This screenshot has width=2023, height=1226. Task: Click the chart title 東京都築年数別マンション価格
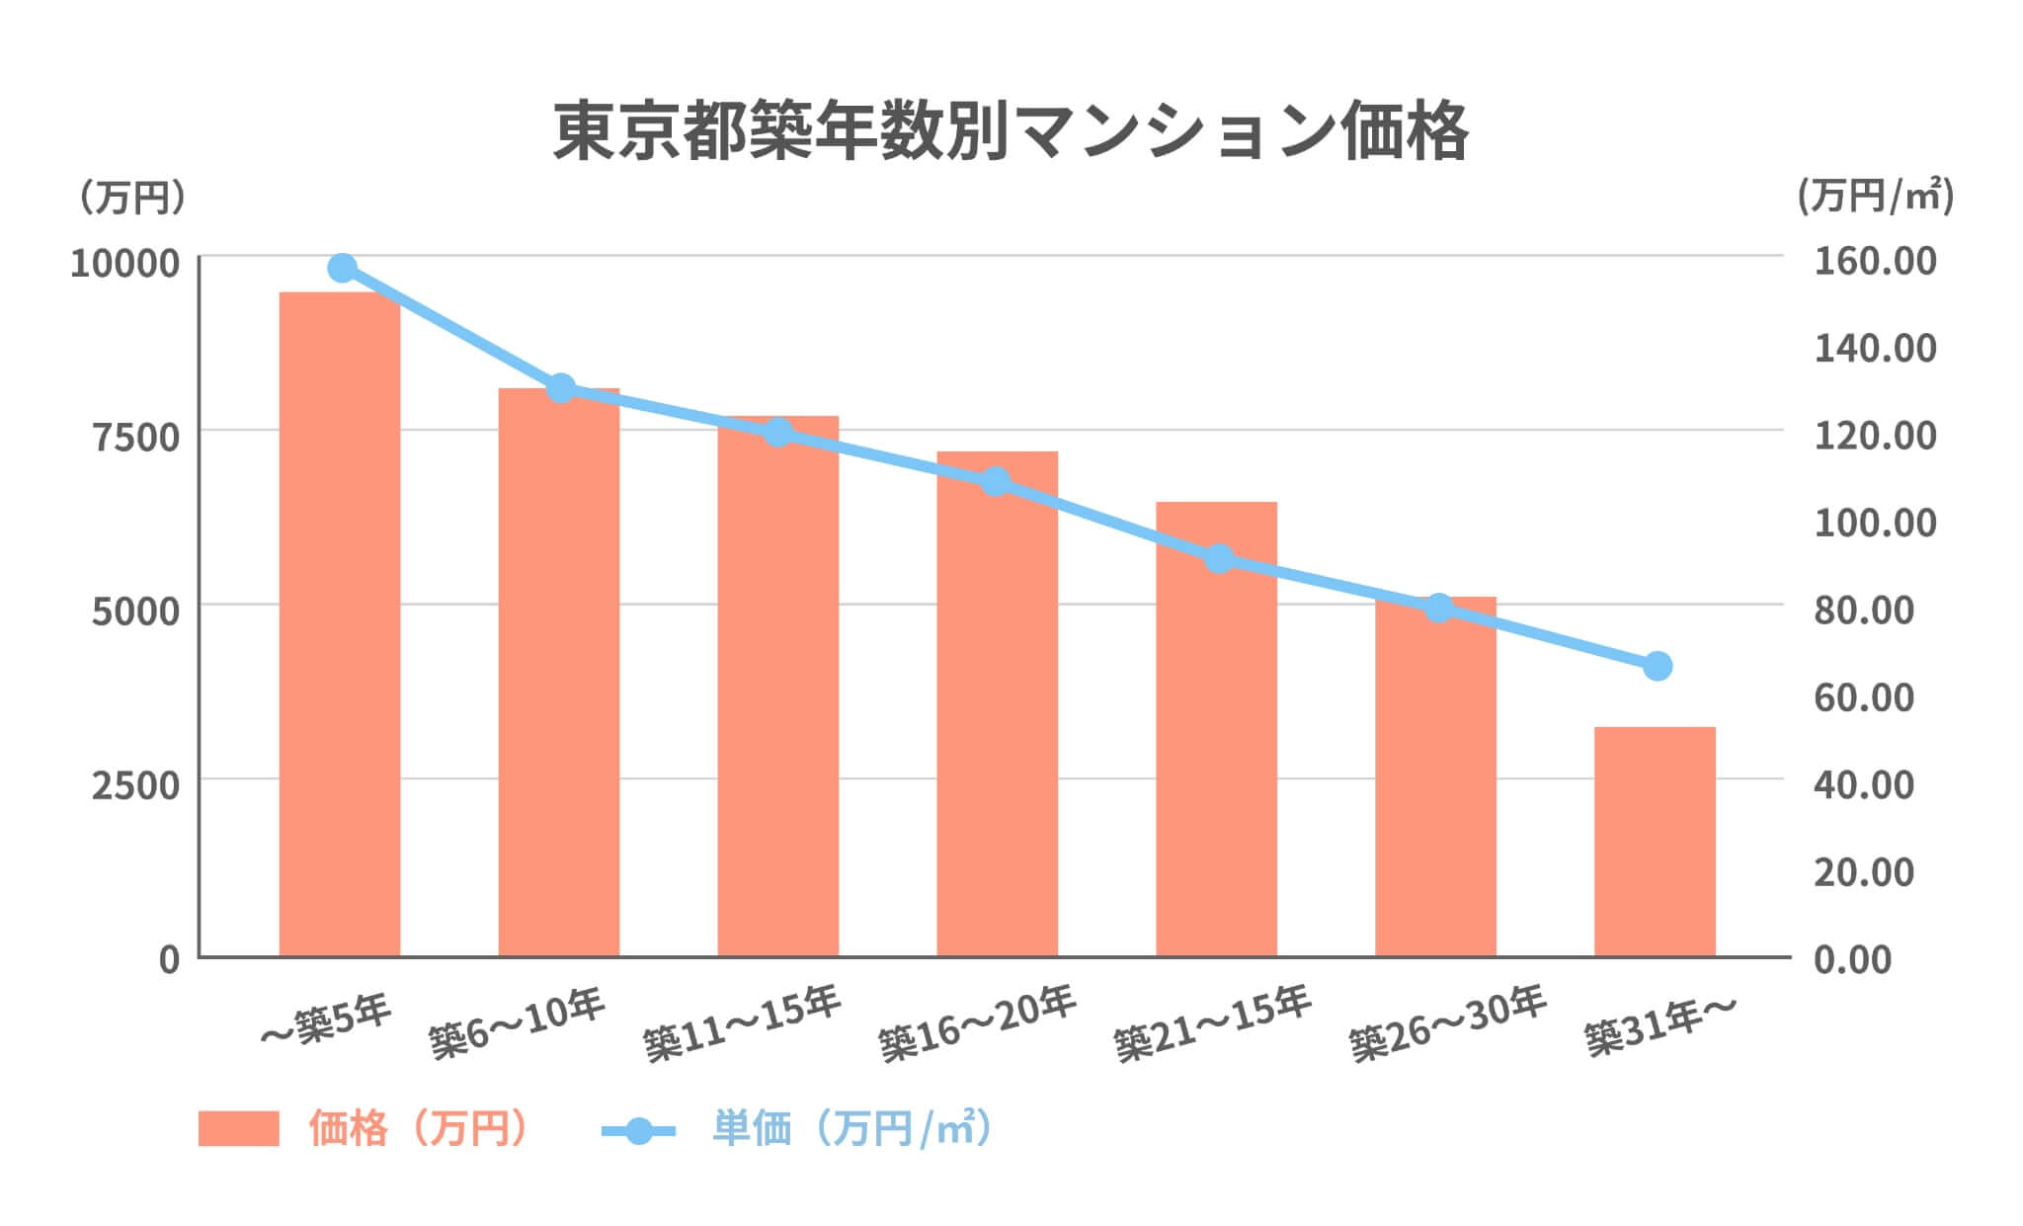point(1011,130)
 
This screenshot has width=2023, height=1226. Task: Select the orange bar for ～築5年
point(340,622)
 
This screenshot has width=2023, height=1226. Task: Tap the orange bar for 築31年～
point(1655,841)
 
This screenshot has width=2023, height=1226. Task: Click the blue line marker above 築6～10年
point(561,388)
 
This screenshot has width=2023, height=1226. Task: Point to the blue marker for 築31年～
point(1658,666)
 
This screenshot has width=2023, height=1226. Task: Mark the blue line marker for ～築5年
point(343,268)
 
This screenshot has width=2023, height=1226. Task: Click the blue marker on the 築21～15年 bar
point(1220,559)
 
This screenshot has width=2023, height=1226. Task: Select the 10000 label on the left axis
point(125,263)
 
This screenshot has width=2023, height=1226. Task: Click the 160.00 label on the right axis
point(1875,262)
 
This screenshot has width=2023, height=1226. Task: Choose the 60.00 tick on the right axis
point(1864,697)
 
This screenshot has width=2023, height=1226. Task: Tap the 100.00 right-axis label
point(1875,523)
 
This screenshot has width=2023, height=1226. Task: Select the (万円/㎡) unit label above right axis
point(1875,196)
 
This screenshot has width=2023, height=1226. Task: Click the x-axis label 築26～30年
point(1447,1023)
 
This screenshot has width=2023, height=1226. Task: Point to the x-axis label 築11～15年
point(742,1023)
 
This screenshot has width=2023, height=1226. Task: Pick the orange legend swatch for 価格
point(238,1128)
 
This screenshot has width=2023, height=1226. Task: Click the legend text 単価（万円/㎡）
point(851,1128)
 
